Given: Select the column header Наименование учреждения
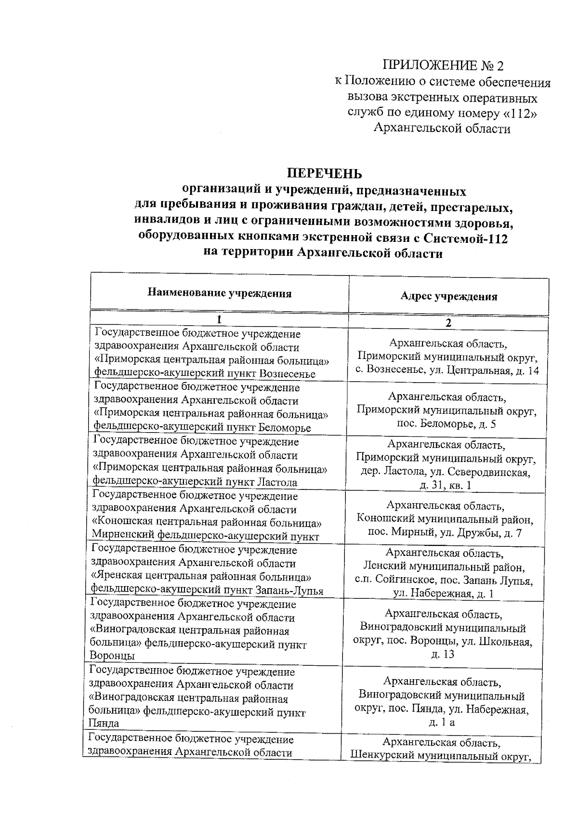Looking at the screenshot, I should (x=219, y=293).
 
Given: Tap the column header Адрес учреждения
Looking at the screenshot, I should (x=448, y=297).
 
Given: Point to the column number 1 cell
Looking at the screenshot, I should (x=219, y=320).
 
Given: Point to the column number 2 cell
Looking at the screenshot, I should (x=448, y=323).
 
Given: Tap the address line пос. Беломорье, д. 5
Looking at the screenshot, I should (x=446, y=424).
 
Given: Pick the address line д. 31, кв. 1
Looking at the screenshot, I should (x=446, y=485).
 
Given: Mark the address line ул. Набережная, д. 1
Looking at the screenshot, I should (x=443, y=594).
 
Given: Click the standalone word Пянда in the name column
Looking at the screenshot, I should (x=103, y=723).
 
